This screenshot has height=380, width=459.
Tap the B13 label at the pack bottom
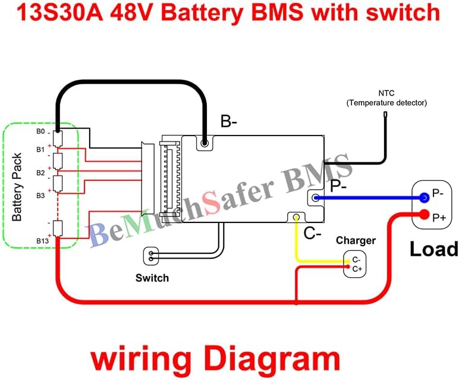[x=42, y=240]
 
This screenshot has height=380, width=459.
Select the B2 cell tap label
[x=40, y=172]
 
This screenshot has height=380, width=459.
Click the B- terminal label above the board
[x=229, y=122]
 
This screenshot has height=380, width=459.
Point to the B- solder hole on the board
[x=205, y=143]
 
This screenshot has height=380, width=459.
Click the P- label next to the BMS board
[x=339, y=186]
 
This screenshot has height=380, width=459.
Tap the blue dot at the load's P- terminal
[x=424, y=198]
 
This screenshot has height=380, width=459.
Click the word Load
[x=433, y=248]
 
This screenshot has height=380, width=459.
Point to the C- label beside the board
[x=313, y=233]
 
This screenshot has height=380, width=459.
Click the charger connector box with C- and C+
[x=355, y=265]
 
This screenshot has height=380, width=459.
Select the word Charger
[x=356, y=240]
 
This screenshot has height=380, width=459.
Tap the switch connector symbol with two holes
[x=152, y=257]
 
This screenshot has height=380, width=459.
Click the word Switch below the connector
[x=152, y=278]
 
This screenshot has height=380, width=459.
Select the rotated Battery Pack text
[x=17, y=187]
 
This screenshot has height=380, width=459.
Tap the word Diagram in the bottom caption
[x=277, y=360]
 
